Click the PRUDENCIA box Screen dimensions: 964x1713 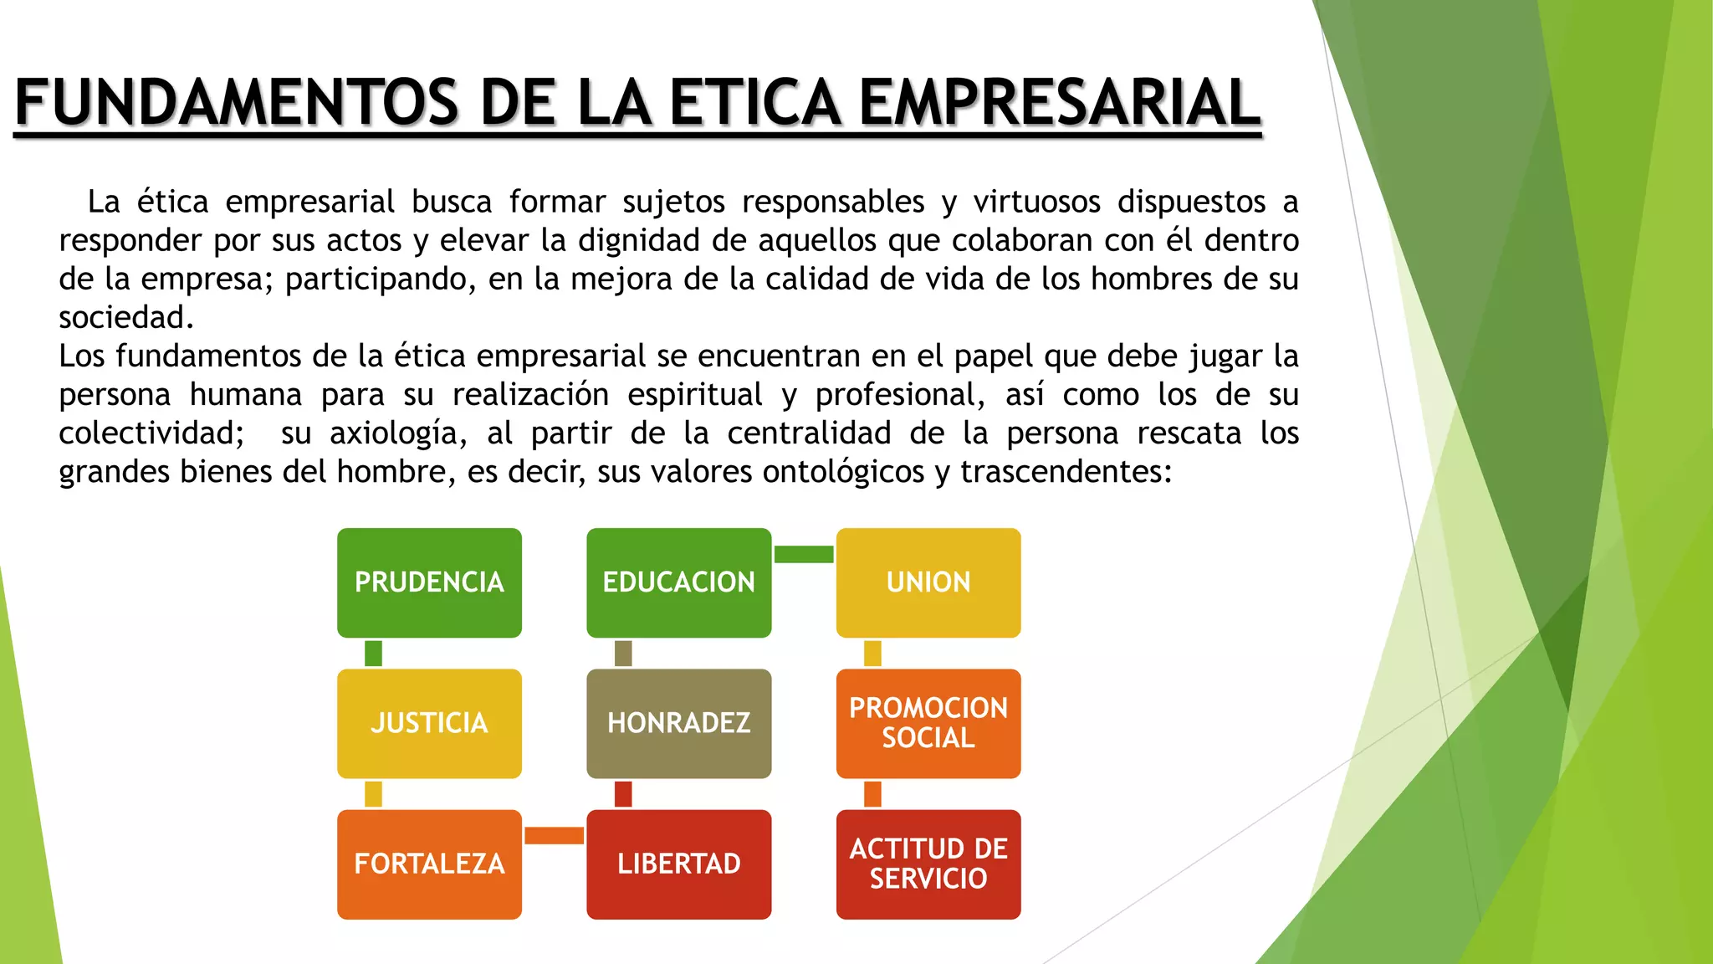tap(429, 582)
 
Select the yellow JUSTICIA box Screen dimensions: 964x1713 tap(429, 723)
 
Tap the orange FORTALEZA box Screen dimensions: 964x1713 tap(429, 864)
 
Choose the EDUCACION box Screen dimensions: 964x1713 tap(678, 582)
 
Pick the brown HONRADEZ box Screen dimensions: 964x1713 tap(678, 723)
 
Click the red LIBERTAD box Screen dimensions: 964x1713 tap(678, 864)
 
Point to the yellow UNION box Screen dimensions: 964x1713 tap(928, 582)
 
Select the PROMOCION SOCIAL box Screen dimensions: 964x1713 tap(928, 723)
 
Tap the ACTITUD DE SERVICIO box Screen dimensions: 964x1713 tap(928, 864)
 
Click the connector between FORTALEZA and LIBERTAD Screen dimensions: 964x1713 tap(554, 835)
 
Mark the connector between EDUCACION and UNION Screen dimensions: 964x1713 tap(804, 554)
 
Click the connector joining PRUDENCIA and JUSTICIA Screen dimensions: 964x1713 tap(373, 653)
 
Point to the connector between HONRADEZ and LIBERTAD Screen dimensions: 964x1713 tap(623, 793)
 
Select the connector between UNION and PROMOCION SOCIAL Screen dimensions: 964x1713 tap(872, 653)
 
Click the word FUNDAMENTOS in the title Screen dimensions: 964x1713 tap(236, 104)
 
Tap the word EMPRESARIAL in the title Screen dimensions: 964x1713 tap(1059, 104)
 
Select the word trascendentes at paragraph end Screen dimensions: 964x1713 tap(1064, 472)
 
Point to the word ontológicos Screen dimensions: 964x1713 tap(843, 472)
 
